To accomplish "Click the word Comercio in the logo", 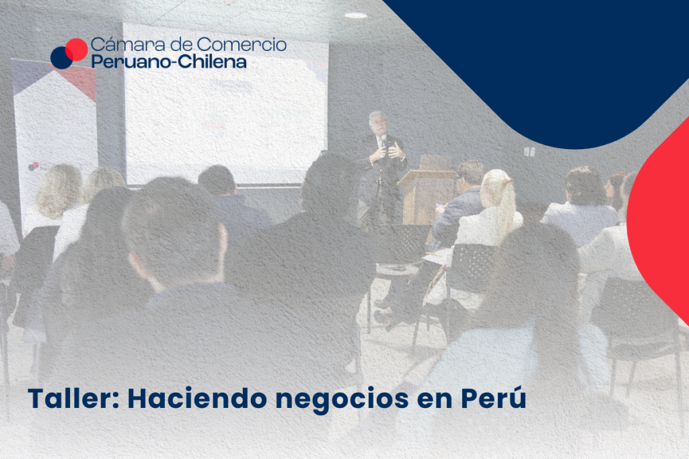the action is pos(242,44).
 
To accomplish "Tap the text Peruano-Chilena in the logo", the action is pos(169,61).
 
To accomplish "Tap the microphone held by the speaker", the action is pos(384,141).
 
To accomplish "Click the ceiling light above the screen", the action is pos(356,15).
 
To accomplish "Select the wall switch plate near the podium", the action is pos(529,152).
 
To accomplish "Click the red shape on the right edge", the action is pos(659,219).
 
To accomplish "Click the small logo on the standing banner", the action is pos(34,166).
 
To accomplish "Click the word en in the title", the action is pos(435,401).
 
